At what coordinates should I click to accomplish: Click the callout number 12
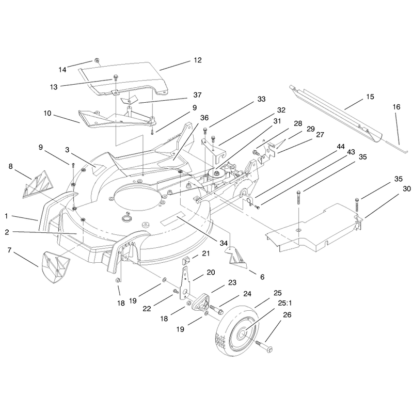click(x=198, y=60)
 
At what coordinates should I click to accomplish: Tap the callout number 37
click(x=197, y=95)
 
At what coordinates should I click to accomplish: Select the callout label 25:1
click(x=285, y=304)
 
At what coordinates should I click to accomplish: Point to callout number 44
click(x=341, y=147)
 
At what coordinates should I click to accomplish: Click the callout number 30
click(x=407, y=188)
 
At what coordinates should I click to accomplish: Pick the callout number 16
click(x=396, y=107)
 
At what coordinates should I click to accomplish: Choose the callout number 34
click(x=224, y=243)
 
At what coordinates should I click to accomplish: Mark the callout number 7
click(x=9, y=250)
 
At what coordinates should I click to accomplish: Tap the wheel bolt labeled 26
click(x=264, y=346)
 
